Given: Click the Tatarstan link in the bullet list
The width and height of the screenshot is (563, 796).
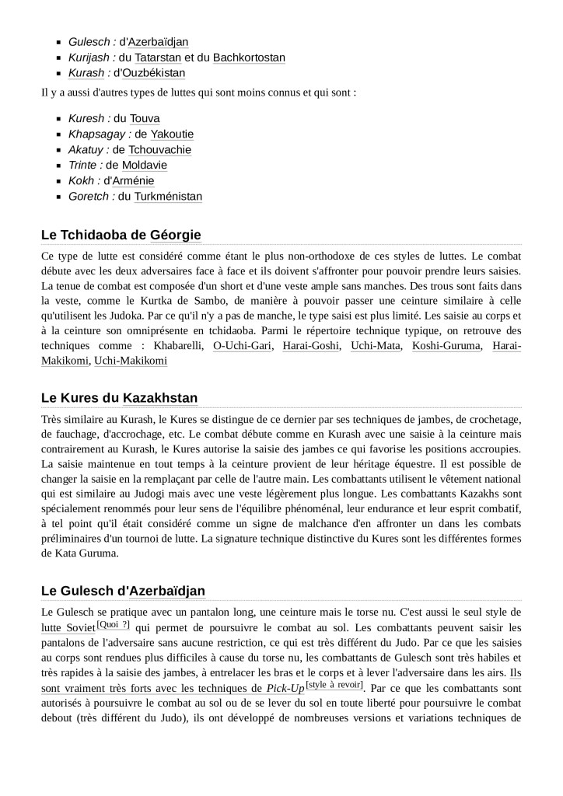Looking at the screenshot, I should click(x=158, y=58).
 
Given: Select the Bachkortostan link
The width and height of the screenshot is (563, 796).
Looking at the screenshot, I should click(x=249, y=58).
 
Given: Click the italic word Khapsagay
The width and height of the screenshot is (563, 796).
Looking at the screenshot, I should click(x=94, y=134).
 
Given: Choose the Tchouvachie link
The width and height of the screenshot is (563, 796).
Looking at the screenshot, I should click(x=159, y=149).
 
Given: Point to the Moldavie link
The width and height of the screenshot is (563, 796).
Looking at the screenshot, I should click(x=145, y=165).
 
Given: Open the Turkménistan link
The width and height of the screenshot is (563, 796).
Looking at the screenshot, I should click(x=168, y=196).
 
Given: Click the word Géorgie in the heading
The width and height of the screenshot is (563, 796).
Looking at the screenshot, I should click(x=175, y=235).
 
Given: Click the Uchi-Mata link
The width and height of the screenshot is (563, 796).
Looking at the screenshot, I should click(x=376, y=345).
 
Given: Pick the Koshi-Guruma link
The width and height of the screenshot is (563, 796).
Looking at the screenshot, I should click(x=446, y=345).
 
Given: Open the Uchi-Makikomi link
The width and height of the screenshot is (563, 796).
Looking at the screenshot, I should click(x=131, y=361).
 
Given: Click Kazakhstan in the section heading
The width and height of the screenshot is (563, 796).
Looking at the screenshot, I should click(x=160, y=398).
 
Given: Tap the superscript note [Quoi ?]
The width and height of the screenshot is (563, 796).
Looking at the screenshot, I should click(x=114, y=624).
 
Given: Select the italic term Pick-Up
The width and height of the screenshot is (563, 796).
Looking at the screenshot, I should click(x=285, y=688).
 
